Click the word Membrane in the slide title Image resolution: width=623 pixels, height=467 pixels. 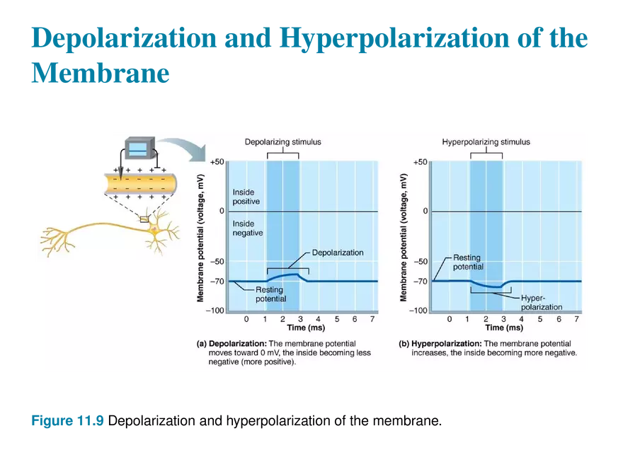(x=101, y=73)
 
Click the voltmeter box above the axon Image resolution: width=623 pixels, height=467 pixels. (x=139, y=148)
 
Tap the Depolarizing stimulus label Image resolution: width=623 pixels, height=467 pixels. (x=283, y=142)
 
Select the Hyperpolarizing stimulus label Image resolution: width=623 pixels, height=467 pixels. (x=486, y=142)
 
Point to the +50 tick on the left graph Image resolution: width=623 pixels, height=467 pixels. (x=217, y=161)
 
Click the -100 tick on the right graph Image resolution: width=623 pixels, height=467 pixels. (x=419, y=311)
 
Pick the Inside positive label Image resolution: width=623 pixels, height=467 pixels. (x=246, y=197)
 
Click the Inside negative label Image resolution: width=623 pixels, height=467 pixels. (x=248, y=229)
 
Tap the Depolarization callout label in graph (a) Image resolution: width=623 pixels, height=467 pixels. (x=338, y=253)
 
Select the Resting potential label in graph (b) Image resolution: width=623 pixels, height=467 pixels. (x=468, y=262)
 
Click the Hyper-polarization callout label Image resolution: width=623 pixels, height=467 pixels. (x=542, y=303)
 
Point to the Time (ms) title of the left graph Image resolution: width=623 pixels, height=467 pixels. (x=306, y=328)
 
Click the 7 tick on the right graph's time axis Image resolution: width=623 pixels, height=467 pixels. (x=576, y=319)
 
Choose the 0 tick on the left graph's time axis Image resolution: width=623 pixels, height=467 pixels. (x=246, y=319)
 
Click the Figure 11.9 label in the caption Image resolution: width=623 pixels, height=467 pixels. (x=67, y=420)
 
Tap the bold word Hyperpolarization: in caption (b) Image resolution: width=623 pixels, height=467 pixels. (x=447, y=343)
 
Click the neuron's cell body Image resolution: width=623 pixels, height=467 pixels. (x=154, y=229)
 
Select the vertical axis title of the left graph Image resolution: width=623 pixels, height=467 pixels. (x=200, y=238)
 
